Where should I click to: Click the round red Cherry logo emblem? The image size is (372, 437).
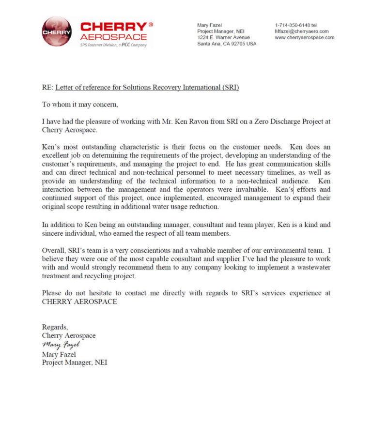(x=57, y=31)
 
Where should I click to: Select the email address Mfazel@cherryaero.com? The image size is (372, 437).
(x=302, y=31)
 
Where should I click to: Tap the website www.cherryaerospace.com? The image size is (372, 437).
(x=304, y=37)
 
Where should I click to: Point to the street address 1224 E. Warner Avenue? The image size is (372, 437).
(x=223, y=37)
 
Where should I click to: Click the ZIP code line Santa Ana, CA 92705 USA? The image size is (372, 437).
(x=227, y=44)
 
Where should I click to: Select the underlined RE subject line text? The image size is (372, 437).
(x=147, y=88)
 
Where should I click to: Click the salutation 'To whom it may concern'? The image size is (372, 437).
(x=80, y=104)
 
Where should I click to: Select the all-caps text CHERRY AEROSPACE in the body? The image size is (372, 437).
(x=79, y=301)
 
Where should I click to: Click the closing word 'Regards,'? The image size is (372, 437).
(x=55, y=327)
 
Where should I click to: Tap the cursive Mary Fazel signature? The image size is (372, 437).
(x=61, y=345)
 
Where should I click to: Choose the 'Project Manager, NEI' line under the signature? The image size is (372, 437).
(x=75, y=362)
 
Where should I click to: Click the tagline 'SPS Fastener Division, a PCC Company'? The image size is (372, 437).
(x=113, y=45)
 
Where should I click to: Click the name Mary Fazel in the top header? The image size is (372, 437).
(x=209, y=25)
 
